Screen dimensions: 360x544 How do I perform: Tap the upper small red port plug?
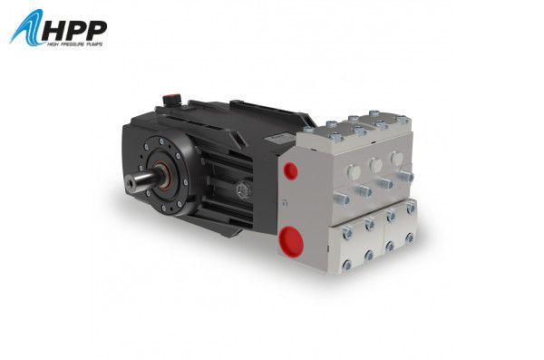click(x=290, y=170)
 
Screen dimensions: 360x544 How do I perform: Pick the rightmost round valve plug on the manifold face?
click(x=396, y=158)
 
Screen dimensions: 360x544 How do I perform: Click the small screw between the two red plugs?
click(x=288, y=205)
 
